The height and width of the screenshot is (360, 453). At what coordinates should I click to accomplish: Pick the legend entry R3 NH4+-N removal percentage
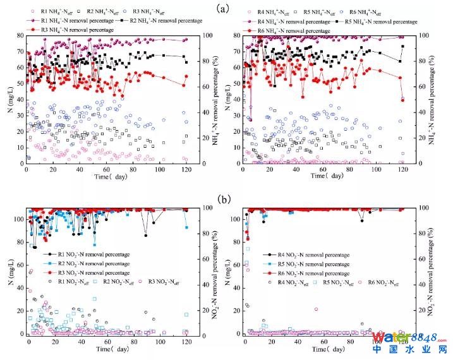pyautogui.click(x=61, y=30)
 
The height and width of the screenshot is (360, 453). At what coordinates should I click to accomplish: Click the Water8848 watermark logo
pyautogui.click(x=411, y=336)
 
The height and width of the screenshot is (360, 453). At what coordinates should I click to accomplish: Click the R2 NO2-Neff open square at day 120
pyautogui.click(x=186, y=315)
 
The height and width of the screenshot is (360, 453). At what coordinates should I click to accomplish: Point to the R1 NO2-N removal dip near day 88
pyautogui.click(x=145, y=235)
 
